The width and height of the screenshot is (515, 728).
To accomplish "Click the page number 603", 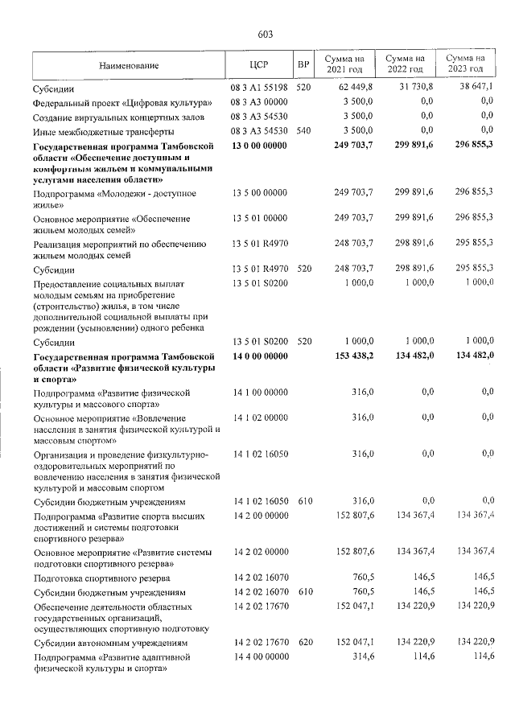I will coord(266,34).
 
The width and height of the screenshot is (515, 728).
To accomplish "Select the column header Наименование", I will coord(129,65).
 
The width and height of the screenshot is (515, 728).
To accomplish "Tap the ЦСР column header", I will coord(258,65).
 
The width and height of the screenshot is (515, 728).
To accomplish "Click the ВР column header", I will coord(303,65).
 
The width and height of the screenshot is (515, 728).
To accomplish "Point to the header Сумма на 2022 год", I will coord(405,65).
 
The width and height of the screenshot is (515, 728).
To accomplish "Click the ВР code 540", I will coord(303,132).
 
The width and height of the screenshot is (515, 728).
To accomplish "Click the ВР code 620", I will coord(303,644).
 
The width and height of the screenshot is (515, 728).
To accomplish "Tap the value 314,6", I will coord(360,657).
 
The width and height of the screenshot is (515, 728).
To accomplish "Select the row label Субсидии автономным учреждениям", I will coord(110,644).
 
